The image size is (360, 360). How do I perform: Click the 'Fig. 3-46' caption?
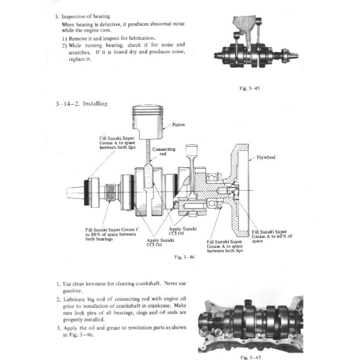pyautogui.click(x=185, y=257)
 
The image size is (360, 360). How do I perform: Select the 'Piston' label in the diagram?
pyautogui.click(x=179, y=124)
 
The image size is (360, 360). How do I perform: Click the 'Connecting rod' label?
pyautogui.click(x=163, y=152)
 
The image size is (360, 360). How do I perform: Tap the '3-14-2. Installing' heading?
pyautogui.click(x=81, y=104)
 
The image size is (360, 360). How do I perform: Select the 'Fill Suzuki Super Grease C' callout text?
pyautogui.click(x=112, y=234)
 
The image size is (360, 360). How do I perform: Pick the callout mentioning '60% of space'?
pyautogui.click(x=272, y=236)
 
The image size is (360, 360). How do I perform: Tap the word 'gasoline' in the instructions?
pyautogui.click(x=72, y=291)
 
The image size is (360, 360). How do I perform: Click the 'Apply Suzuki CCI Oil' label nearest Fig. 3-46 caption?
pyautogui.click(x=160, y=243)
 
